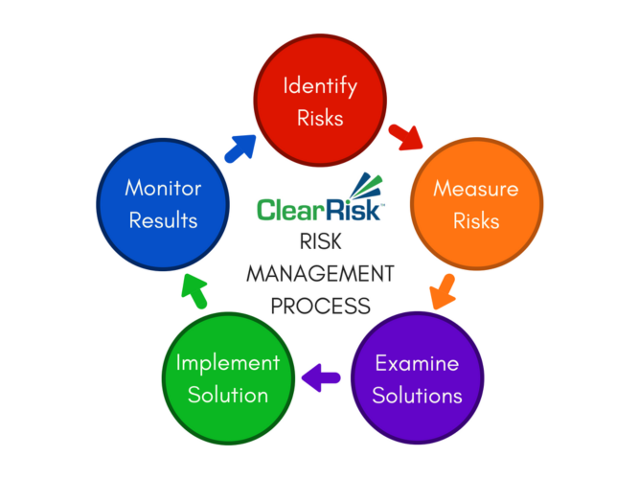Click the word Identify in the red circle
coord(320,85)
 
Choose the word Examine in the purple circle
coord(417,364)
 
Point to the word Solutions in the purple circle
coord(417,395)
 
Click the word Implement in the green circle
coord(227,363)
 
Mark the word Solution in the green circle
coord(227,394)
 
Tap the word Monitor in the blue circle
coord(161,188)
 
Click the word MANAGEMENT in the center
coord(319,274)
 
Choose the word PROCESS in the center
coord(319,307)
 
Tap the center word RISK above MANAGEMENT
coord(319,241)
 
